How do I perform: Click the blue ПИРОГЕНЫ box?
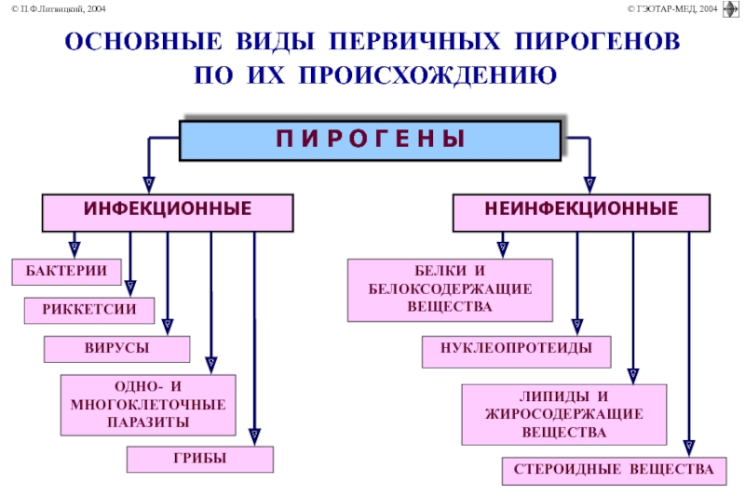coord(370,141)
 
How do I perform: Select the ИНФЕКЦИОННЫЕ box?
coord(168,213)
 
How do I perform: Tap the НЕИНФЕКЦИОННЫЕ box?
coord(581,213)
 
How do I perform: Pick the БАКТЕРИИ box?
coord(66,272)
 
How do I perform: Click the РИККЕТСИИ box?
coord(89,311)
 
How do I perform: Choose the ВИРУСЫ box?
coord(117,349)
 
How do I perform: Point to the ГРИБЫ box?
coord(200,459)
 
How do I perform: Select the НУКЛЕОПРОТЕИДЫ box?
coord(517,352)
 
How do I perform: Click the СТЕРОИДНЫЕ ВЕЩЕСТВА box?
coord(614,471)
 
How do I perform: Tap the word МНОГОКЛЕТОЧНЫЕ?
coord(148,405)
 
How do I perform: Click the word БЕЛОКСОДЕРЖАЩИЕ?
coord(450,288)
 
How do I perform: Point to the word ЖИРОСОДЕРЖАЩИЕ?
coord(564,414)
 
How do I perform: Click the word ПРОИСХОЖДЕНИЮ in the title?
coord(427,76)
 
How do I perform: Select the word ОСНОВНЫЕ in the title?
coord(143,41)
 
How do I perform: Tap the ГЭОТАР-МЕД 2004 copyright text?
coord(672,8)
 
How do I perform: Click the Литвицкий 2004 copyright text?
coord(59,8)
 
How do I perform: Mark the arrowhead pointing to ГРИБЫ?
coord(254,436)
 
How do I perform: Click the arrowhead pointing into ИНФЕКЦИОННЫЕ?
coord(149,184)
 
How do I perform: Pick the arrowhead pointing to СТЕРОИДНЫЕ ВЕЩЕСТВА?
coord(689,448)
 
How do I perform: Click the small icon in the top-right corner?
coord(730,9)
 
